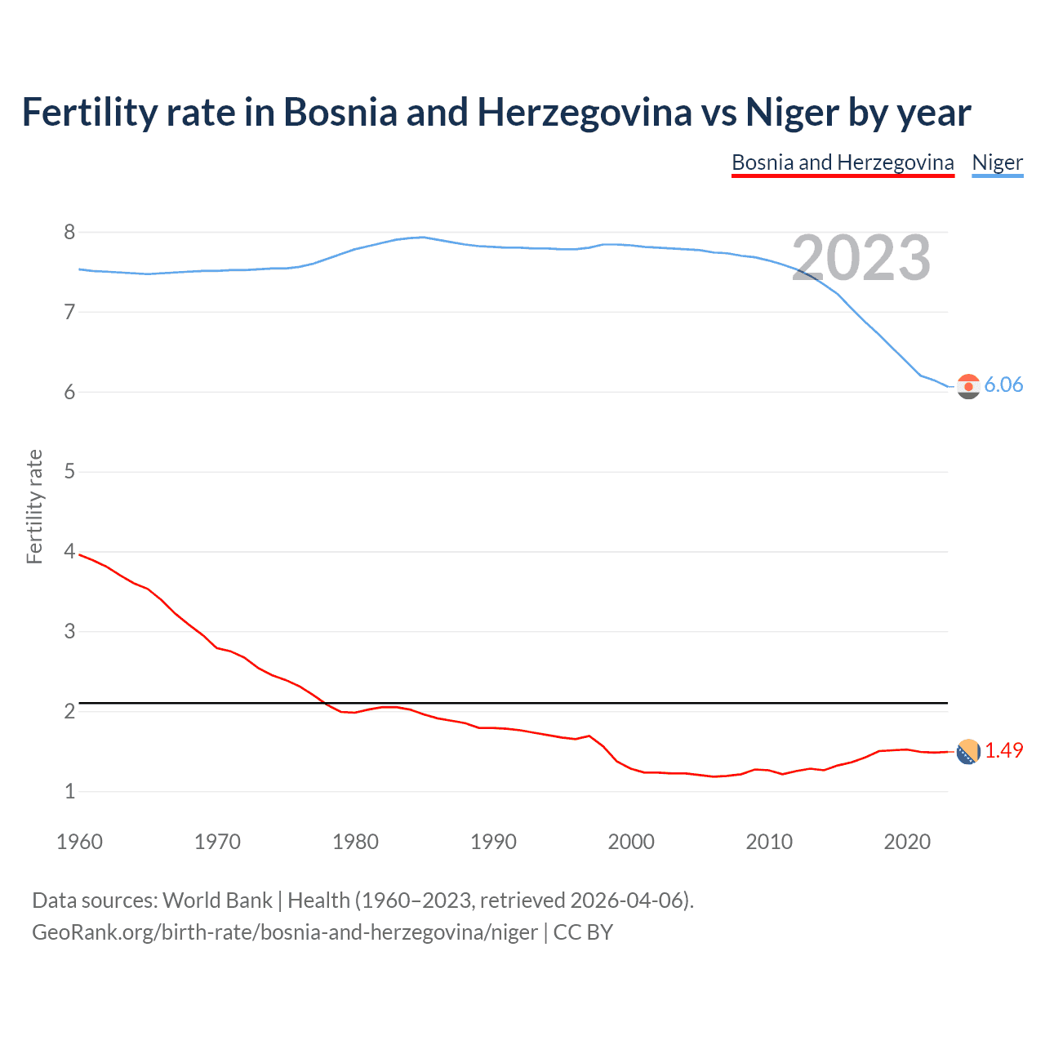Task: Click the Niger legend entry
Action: (x=997, y=162)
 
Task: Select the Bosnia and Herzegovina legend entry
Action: (x=843, y=162)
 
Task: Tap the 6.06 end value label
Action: (x=1003, y=385)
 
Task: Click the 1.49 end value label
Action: (x=1003, y=750)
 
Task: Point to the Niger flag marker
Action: (x=968, y=386)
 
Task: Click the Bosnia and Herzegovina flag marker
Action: (x=968, y=752)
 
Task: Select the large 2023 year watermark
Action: (x=861, y=258)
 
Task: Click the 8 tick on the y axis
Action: (x=69, y=232)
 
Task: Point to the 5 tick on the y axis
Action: (x=69, y=471)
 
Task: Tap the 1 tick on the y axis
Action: (x=69, y=791)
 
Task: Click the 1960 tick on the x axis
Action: (x=79, y=842)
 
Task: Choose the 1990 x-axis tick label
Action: (x=493, y=842)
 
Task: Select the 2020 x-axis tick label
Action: (x=907, y=842)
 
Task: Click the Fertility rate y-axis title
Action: (x=34, y=506)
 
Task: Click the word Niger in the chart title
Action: (x=792, y=112)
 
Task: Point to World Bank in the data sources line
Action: (x=217, y=900)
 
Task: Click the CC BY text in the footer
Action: (x=583, y=932)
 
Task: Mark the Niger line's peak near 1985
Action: (x=422, y=237)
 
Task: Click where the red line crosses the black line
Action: (x=324, y=702)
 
